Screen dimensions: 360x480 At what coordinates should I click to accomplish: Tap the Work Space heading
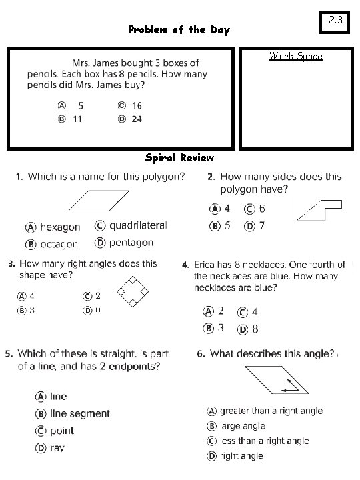click(295, 57)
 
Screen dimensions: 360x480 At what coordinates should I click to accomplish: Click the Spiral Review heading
click(180, 158)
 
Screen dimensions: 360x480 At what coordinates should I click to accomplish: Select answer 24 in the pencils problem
click(136, 119)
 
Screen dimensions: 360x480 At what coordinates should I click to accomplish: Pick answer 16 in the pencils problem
click(136, 105)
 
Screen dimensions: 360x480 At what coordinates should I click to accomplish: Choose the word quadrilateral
click(138, 226)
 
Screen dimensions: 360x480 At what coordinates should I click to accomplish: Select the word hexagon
click(59, 227)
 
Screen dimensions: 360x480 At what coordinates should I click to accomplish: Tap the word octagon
click(59, 244)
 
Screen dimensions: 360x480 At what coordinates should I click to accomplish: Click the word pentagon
click(131, 243)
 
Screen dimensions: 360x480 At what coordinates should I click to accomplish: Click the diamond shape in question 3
click(131, 292)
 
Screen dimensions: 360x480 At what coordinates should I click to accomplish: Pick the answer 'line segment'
click(79, 414)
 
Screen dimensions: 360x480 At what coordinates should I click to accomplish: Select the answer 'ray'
click(57, 448)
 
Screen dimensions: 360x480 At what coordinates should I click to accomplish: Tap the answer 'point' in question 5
click(62, 431)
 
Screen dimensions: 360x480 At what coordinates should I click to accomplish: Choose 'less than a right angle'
click(264, 441)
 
